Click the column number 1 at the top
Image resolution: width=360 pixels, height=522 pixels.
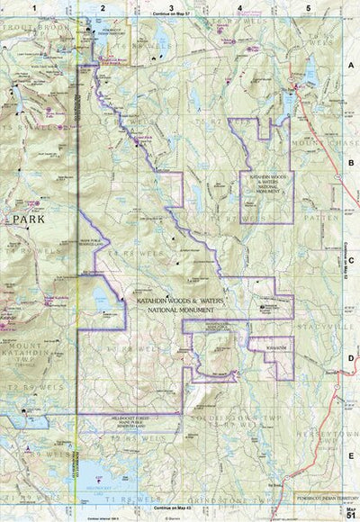(x=34, y=7)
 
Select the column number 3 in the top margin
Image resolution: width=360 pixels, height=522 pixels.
(x=171, y=7)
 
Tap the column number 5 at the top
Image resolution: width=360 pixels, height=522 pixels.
(x=308, y=7)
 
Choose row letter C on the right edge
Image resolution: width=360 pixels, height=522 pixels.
(x=350, y=262)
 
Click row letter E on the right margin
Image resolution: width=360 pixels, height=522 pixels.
(x=350, y=457)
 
